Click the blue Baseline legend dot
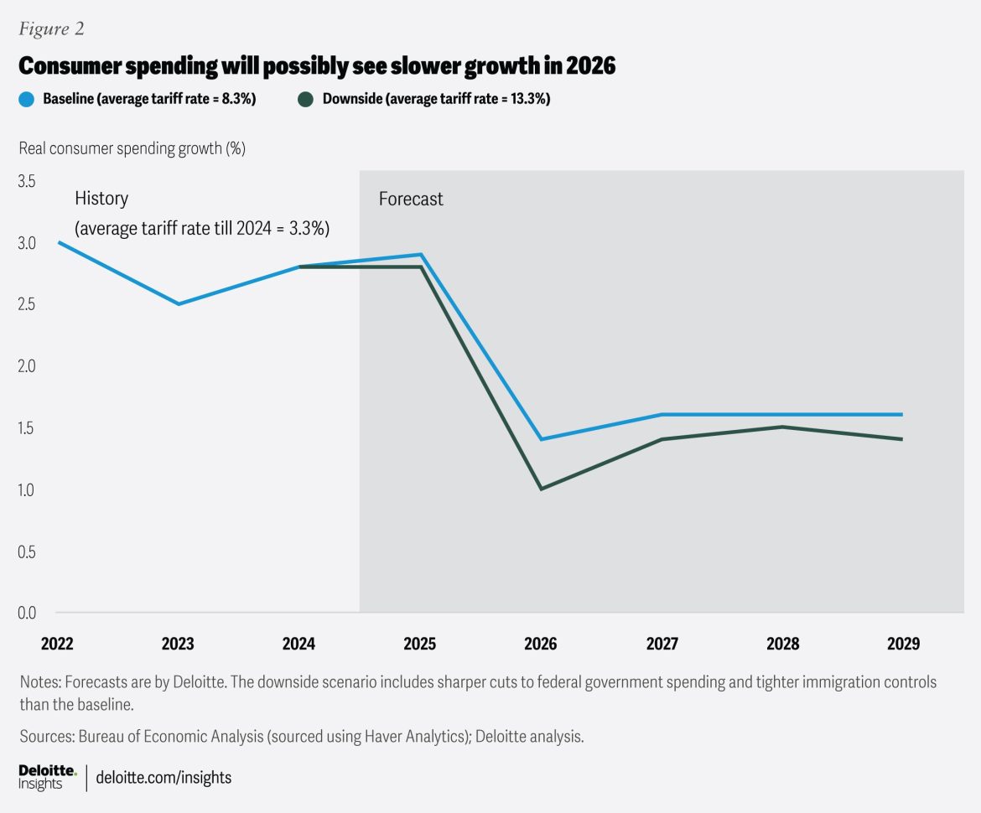coord(27,100)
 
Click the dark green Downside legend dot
coord(306,100)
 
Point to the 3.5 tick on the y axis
coord(29,181)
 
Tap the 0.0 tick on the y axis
coord(29,613)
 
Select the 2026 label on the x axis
coord(541,644)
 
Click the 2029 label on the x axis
coord(903,644)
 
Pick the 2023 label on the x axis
coord(178,644)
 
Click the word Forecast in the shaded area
coord(411,199)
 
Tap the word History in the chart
coord(101,199)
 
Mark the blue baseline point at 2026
coord(541,439)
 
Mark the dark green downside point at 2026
coord(541,489)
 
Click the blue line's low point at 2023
coord(178,303)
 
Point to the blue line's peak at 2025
coord(420,254)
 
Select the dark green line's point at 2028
coord(782,427)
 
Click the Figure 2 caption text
coord(51,29)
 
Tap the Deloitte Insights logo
coord(47,777)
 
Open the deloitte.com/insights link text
coord(164,778)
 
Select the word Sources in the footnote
coord(45,737)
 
